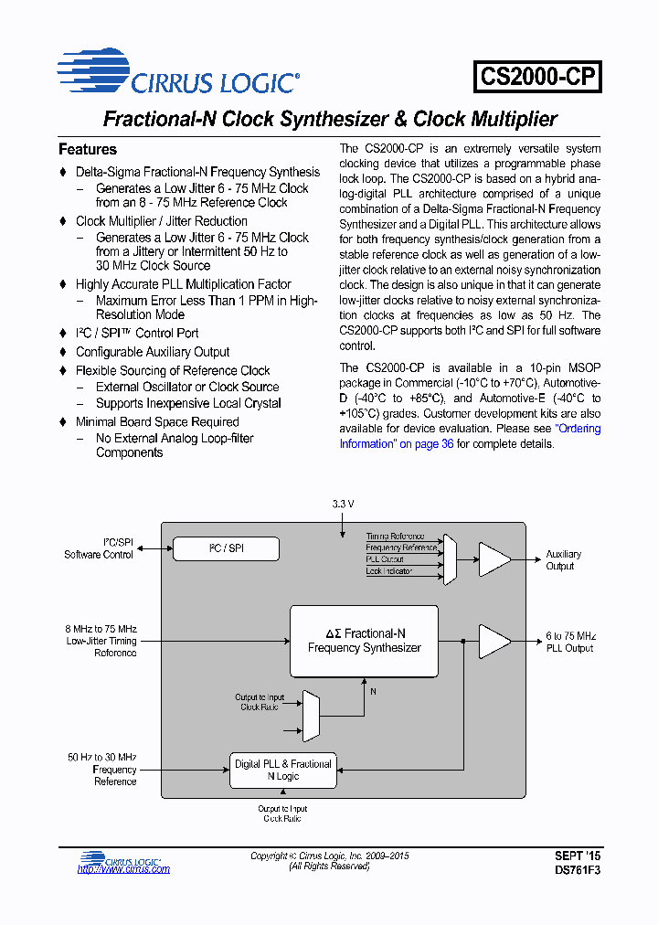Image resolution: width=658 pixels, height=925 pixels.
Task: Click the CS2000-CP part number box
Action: coord(537,77)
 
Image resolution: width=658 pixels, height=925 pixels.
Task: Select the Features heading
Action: coord(88,149)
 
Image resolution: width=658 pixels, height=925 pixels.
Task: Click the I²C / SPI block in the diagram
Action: coord(227,548)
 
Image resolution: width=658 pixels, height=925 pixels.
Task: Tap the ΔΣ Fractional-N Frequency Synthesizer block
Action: coord(364,640)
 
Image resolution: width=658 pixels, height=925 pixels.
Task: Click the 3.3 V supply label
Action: coord(342,504)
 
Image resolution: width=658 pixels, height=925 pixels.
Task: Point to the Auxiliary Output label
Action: coord(563,560)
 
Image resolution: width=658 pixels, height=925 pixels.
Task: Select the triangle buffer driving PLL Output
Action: coord(493,641)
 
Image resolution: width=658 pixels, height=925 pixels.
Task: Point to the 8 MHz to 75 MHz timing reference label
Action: coord(101,641)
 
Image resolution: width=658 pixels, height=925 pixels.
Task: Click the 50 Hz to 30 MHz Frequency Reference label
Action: coord(101,770)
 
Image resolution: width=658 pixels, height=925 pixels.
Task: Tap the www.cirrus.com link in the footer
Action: coord(123,869)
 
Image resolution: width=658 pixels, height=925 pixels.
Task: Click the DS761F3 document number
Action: coord(578,870)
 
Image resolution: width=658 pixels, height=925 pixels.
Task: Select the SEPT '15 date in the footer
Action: coord(578,856)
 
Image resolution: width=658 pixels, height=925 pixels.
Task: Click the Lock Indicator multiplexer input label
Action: coord(388,571)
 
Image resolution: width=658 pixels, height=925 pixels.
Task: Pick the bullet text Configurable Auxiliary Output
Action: coord(153,352)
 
